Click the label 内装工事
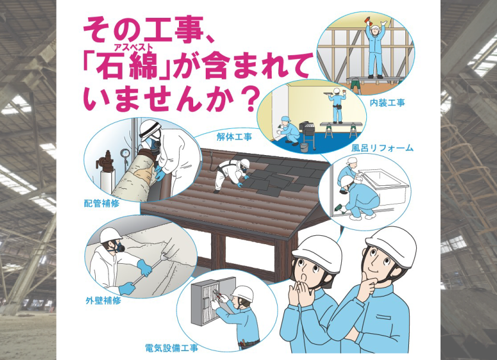(x=388, y=103)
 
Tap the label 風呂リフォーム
(x=382, y=148)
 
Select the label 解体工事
(x=234, y=137)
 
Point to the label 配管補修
(x=102, y=203)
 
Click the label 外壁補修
(x=103, y=300)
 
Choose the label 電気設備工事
(x=171, y=348)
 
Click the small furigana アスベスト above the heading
(x=133, y=48)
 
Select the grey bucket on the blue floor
(x=304, y=147)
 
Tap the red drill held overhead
(x=368, y=21)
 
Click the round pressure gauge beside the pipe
(x=125, y=153)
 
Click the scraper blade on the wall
(x=164, y=257)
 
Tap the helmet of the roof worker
(x=245, y=163)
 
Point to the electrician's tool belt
(x=248, y=343)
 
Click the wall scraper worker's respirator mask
(x=119, y=247)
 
